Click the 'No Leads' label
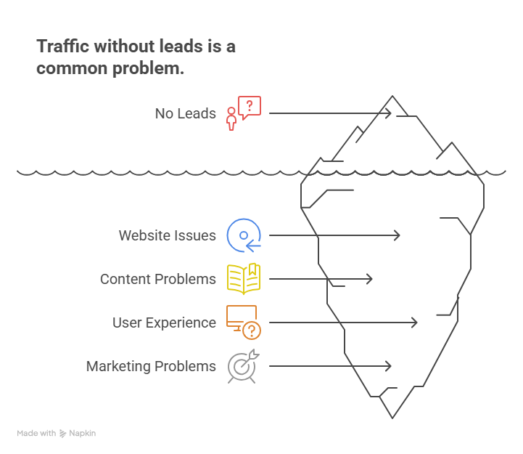(x=185, y=113)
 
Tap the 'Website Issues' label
(x=167, y=235)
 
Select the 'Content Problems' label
(x=157, y=279)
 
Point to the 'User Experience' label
(x=164, y=323)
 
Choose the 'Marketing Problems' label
(x=151, y=366)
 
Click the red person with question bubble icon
(x=242, y=113)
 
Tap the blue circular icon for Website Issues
(x=244, y=235)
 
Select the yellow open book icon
(x=244, y=279)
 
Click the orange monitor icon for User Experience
(x=244, y=323)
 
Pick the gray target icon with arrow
(x=242, y=366)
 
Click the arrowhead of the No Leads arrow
(x=390, y=113)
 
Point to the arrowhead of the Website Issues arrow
(x=398, y=235)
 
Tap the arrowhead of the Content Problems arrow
(x=371, y=279)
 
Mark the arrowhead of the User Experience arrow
(x=416, y=323)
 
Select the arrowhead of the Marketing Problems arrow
(x=390, y=366)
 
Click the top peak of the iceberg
(x=393, y=97)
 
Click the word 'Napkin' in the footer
(x=82, y=433)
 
